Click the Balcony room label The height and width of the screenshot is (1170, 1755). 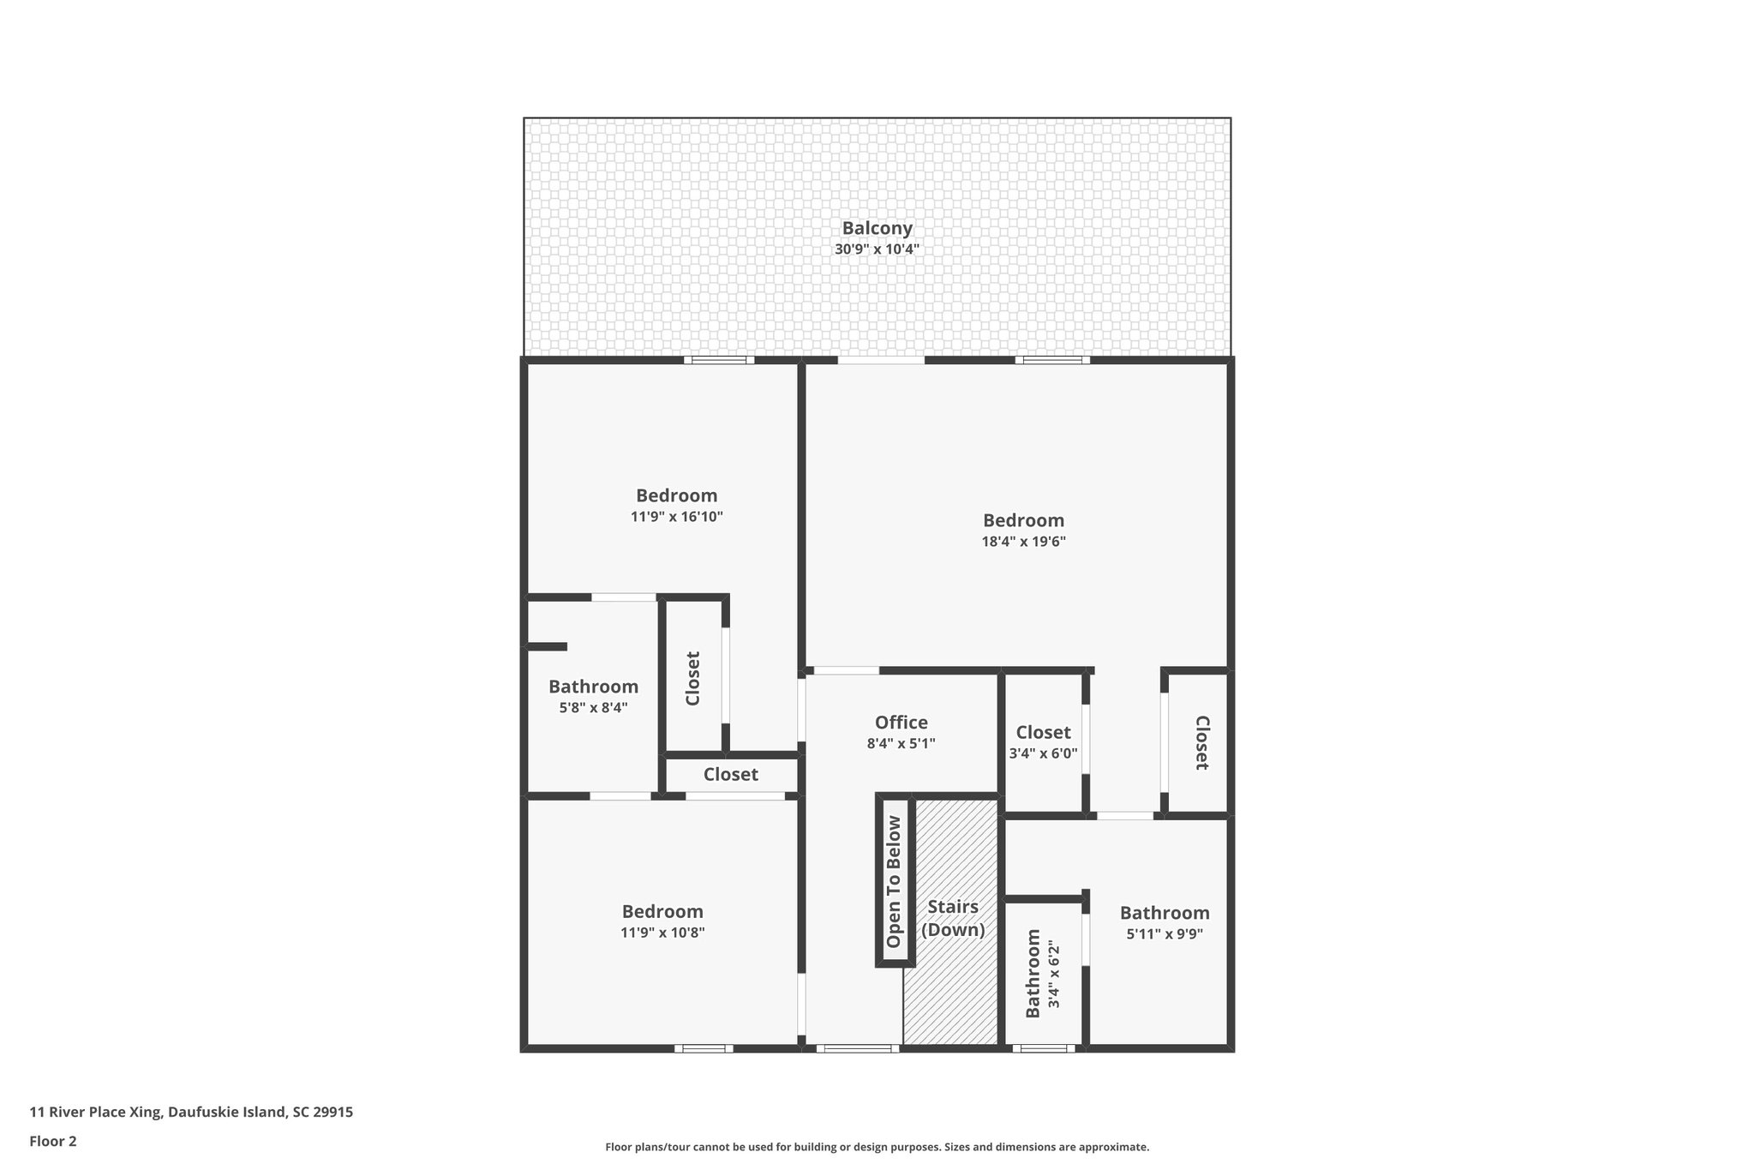click(x=877, y=228)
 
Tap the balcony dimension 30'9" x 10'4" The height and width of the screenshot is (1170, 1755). click(x=877, y=250)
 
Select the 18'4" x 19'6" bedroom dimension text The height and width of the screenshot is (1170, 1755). click(x=1023, y=542)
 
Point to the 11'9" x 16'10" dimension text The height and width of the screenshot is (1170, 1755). click(x=676, y=517)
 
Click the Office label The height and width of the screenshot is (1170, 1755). click(x=901, y=723)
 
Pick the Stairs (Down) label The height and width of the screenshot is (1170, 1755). click(x=952, y=918)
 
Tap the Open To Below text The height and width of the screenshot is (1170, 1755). click(x=894, y=881)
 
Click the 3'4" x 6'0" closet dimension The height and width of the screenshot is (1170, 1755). click(x=1043, y=754)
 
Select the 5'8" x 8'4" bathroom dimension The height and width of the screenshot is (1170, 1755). click(x=593, y=708)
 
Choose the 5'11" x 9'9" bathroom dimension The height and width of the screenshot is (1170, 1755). click(x=1165, y=934)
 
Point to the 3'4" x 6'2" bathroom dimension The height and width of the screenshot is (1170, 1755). click(x=1054, y=975)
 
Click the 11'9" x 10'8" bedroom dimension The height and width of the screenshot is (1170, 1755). click(x=662, y=933)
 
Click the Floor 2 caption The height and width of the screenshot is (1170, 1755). click(x=53, y=1141)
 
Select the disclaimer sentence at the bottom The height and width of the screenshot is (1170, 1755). click(x=877, y=1147)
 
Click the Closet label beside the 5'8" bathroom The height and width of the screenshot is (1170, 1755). click(x=693, y=678)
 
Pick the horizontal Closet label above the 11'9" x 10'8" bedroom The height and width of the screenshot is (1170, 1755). click(x=730, y=775)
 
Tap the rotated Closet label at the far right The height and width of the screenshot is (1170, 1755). click(x=1201, y=742)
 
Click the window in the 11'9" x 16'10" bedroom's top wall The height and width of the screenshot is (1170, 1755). click(x=719, y=360)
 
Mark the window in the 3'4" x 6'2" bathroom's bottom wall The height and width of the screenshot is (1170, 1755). click(x=1043, y=1048)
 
